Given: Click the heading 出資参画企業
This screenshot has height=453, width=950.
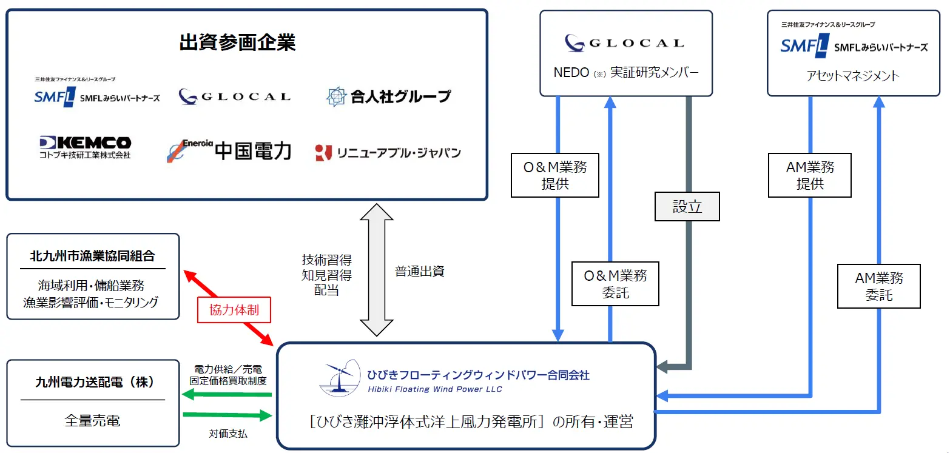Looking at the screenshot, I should (x=237, y=42).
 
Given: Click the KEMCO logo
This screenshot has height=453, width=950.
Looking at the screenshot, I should (x=85, y=147).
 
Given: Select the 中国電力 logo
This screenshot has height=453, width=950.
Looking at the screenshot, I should (x=229, y=150).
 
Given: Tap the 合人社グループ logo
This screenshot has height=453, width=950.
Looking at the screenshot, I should (x=388, y=96).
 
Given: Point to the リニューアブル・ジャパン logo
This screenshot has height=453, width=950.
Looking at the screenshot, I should (x=388, y=153).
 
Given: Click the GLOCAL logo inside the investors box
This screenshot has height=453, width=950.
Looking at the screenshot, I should (x=235, y=96).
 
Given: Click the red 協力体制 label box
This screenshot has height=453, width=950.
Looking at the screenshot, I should (x=234, y=310).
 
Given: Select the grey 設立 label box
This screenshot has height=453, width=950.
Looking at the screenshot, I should (x=687, y=207).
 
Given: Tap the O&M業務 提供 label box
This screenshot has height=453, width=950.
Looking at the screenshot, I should (x=554, y=175).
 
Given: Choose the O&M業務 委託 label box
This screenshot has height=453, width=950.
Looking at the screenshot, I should (x=615, y=284).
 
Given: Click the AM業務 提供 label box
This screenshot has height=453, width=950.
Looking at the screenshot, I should (x=810, y=175).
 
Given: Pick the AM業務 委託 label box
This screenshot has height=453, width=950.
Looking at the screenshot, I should (x=878, y=286).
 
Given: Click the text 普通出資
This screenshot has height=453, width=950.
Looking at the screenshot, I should (x=420, y=271).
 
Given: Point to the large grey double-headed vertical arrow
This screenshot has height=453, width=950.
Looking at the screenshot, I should (x=377, y=270).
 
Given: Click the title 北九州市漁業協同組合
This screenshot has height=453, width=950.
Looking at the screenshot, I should (x=92, y=256).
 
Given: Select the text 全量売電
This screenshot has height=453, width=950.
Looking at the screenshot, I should (x=92, y=420).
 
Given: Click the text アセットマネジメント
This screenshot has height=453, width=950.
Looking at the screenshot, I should (x=853, y=76).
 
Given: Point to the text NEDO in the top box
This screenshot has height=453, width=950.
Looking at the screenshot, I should (x=571, y=73).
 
